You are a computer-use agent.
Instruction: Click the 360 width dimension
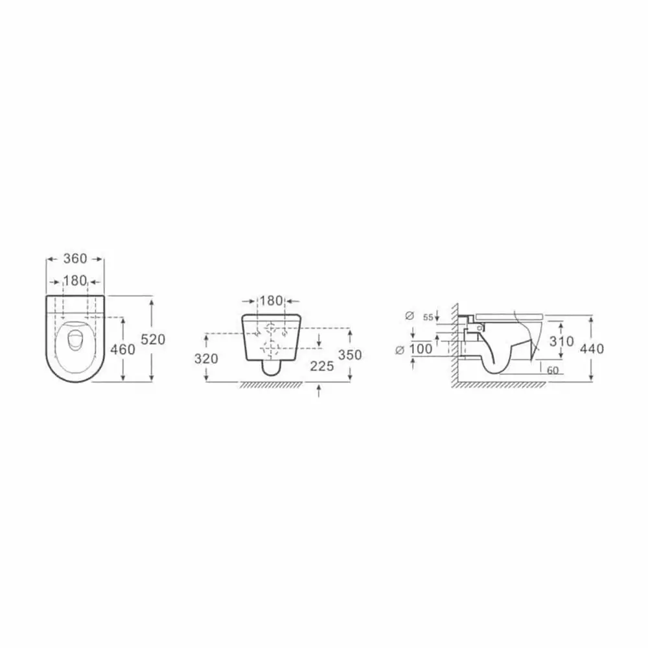pyautogui.click(x=75, y=259)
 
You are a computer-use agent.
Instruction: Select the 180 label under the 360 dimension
pyautogui.click(x=75, y=281)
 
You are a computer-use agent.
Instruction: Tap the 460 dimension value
pyautogui.click(x=122, y=350)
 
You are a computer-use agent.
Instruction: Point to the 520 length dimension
pyautogui.click(x=153, y=340)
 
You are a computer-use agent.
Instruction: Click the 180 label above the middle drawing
pyautogui.click(x=272, y=301)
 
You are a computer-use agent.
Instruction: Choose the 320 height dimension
pyautogui.click(x=206, y=359)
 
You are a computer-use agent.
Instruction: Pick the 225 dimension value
pyautogui.click(x=321, y=365)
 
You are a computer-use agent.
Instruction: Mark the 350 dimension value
pyautogui.click(x=350, y=354)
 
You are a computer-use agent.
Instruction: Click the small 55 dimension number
pyautogui.click(x=428, y=318)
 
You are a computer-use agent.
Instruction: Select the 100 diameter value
pyautogui.click(x=421, y=349)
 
